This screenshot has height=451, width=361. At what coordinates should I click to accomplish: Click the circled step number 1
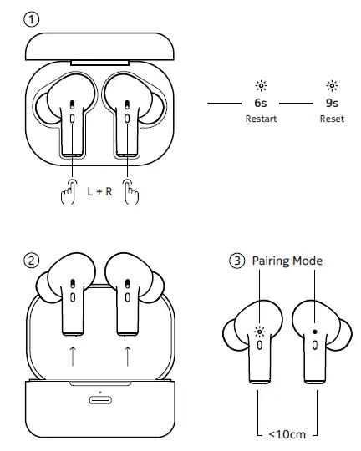point(32,18)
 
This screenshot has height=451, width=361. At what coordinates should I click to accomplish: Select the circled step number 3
point(237,261)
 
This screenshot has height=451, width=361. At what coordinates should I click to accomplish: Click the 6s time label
point(261,104)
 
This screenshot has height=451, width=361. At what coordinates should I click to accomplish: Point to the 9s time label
point(332,104)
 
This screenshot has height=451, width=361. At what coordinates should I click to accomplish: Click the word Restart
point(261,119)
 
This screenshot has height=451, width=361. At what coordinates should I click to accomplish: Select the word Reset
point(332,119)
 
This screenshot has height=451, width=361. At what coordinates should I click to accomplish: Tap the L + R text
point(100,191)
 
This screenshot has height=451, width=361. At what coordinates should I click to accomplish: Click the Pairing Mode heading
point(287,261)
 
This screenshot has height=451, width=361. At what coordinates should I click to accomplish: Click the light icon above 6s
point(261,86)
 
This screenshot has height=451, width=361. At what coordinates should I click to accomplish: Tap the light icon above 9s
point(332,86)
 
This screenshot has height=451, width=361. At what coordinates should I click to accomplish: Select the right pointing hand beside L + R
point(131,194)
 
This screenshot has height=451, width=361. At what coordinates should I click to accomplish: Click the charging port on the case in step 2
point(100,399)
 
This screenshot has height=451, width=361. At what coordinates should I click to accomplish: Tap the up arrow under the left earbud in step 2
point(74,355)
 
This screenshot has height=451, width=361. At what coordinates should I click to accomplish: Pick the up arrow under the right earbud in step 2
point(127,355)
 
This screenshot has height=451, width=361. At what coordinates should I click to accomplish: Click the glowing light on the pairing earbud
point(260,331)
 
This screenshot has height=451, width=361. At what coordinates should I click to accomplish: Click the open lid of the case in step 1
point(100,48)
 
